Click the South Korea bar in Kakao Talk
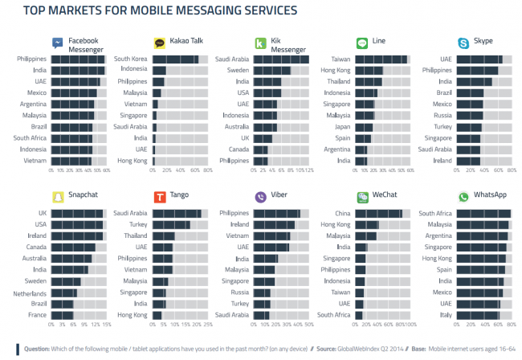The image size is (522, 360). (x=175, y=59)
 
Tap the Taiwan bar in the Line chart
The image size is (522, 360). (x=381, y=59)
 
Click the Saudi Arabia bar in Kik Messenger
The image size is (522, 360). (x=281, y=59)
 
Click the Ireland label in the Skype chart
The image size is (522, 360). (x=442, y=161)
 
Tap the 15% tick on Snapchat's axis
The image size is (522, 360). (x=107, y=325)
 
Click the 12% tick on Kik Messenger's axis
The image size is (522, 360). (x=308, y=171)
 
